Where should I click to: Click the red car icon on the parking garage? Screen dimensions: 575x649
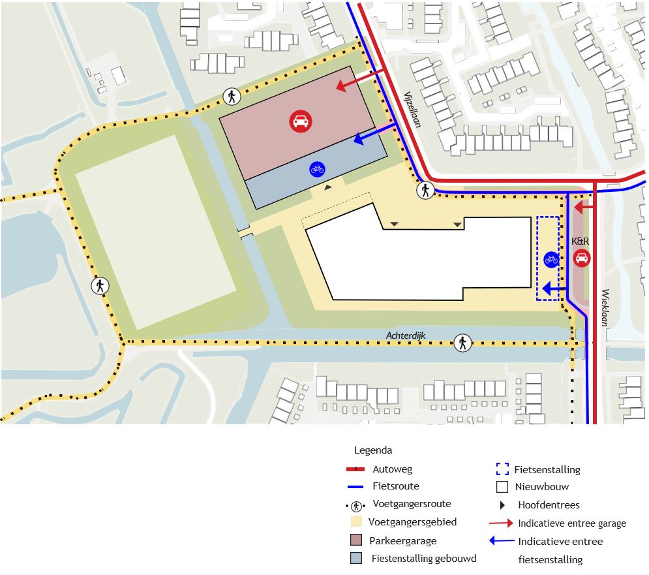pyautogui.click(x=301, y=121)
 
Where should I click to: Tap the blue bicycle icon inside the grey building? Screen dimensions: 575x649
pyautogui.click(x=317, y=169)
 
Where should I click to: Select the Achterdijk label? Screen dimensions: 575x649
pyautogui.click(x=404, y=335)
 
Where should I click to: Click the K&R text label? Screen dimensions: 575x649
pyautogui.click(x=581, y=241)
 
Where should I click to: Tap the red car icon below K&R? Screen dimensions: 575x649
pyautogui.click(x=581, y=258)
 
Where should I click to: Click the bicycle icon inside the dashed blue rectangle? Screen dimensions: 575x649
pyautogui.click(x=551, y=259)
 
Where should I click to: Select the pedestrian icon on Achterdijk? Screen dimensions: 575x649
pyautogui.click(x=462, y=342)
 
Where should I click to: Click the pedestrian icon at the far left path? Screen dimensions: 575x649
pyautogui.click(x=100, y=285)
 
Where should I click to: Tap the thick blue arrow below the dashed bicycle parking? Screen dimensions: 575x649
pyautogui.click(x=554, y=288)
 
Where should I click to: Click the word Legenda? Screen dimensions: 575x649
pyautogui.click(x=373, y=450)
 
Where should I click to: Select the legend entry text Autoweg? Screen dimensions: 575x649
pyautogui.click(x=393, y=469)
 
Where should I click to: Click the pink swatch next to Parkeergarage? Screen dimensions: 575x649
pyautogui.click(x=356, y=540)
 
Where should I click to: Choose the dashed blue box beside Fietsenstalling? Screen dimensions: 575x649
pyautogui.click(x=502, y=469)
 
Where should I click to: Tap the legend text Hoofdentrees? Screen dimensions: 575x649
pyautogui.click(x=549, y=505)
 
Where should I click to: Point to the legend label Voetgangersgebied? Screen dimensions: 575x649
pyautogui.click(x=412, y=522)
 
